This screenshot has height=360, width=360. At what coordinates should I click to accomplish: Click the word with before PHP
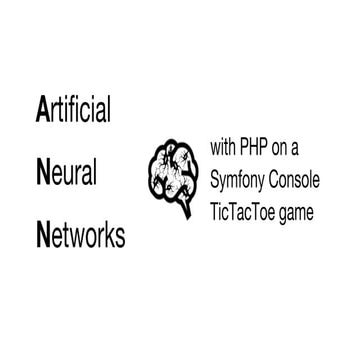pos(225,146)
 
